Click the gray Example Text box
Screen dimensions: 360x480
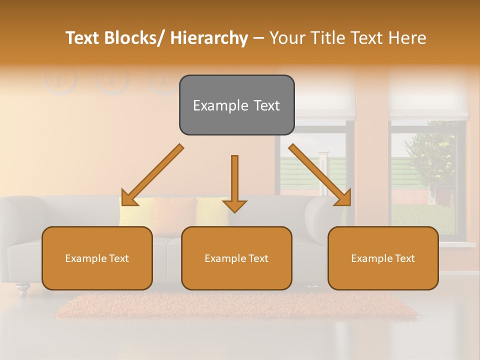click(x=236, y=105)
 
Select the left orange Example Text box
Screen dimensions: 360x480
click(x=97, y=258)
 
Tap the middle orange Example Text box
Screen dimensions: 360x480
click(x=236, y=258)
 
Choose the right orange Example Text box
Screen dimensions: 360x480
click(x=383, y=258)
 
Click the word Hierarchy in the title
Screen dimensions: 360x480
click(x=209, y=38)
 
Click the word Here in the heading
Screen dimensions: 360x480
click(x=407, y=38)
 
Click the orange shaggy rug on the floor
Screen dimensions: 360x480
click(x=235, y=304)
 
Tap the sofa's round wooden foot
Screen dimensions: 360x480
click(x=22, y=288)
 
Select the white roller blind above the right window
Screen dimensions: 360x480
click(x=428, y=95)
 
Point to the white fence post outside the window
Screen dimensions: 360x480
click(x=323, y=170)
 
